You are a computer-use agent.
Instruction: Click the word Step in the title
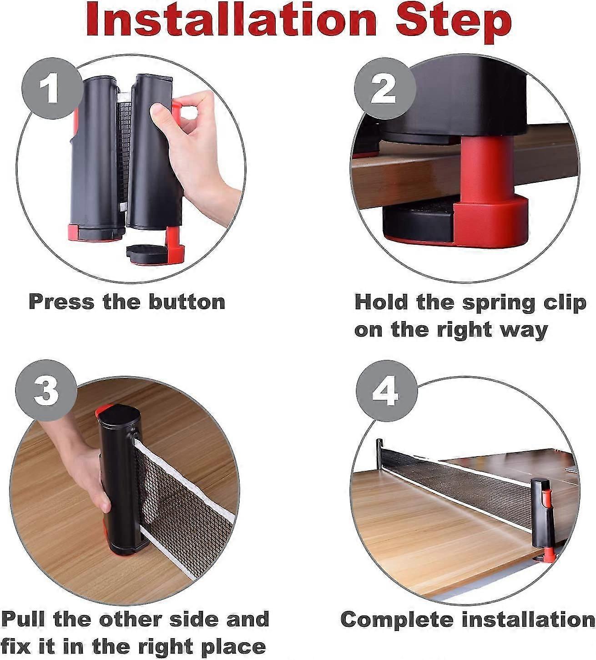tap(453, 24)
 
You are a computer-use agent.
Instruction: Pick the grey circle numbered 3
tap(46, 390)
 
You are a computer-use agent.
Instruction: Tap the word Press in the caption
tap(61, 302)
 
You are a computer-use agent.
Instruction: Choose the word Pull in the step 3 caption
tap(23, 619)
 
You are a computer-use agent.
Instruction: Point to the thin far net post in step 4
tap(379, 457)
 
